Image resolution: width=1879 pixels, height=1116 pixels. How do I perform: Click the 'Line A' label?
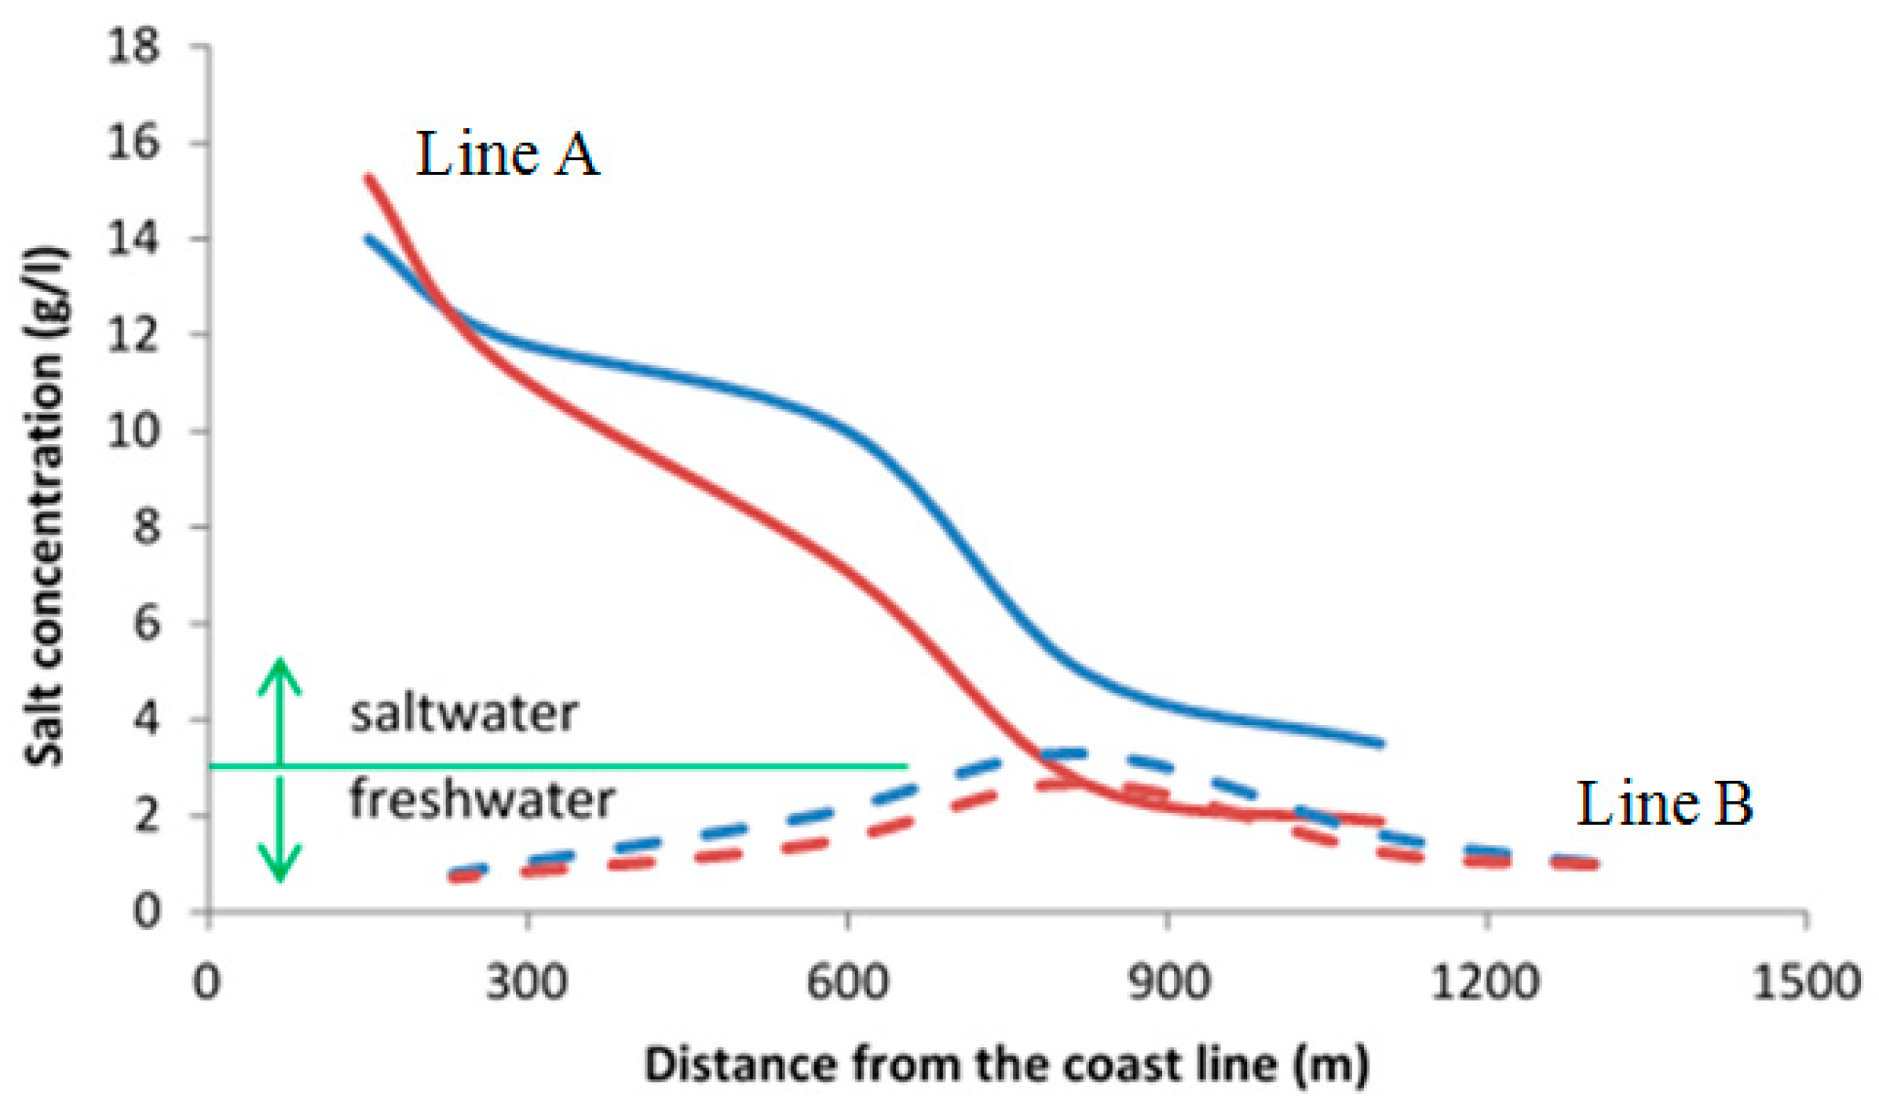[x=507, y=154]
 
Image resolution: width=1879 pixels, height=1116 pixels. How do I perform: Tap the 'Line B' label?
[x=1664, y=804]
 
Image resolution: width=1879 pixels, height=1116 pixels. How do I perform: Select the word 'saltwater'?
[x=464, y=714]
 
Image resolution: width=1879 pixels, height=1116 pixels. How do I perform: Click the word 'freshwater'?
[x=482, y=800]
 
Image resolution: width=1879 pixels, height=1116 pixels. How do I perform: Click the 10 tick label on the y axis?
[x=133, y=430]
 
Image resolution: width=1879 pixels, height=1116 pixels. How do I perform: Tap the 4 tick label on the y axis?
[x=146, y=719]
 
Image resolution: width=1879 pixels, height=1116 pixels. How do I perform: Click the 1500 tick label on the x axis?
[x=1806, y=981]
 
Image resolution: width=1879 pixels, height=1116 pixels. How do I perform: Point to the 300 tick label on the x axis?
[x=527, y=981]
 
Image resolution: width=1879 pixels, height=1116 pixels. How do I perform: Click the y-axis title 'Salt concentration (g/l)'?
[x=45, y=506]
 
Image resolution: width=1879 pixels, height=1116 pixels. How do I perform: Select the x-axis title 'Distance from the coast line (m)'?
[x=1007, y=1065]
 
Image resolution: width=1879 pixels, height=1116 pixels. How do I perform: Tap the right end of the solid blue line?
[x=1381, y=742]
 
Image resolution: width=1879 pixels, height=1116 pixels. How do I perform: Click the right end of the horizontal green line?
[x=906, y=765]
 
